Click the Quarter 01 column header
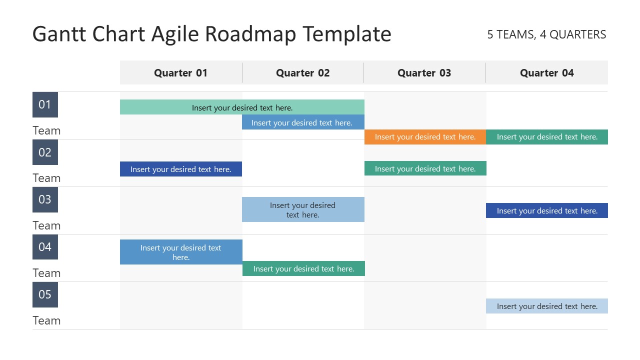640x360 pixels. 180,73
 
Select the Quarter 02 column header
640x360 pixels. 302,73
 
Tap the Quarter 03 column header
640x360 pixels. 424,73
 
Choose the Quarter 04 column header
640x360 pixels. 546,73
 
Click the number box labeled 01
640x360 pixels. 45,104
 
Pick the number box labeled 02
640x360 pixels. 45,152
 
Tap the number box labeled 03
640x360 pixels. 45,199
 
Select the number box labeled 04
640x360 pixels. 45,247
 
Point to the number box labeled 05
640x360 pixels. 45,294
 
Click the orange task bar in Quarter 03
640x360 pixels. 425,137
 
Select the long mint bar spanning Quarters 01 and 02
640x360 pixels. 242,107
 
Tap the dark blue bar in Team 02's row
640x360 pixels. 180,169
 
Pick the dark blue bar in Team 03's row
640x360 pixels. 546,210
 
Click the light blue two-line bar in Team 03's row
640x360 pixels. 303,209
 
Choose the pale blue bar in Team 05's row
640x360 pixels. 546,306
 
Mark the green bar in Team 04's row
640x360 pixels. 303,268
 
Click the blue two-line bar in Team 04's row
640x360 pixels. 181,252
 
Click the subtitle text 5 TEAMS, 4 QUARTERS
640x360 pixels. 546,34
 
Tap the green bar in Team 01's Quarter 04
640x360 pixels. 546,137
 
